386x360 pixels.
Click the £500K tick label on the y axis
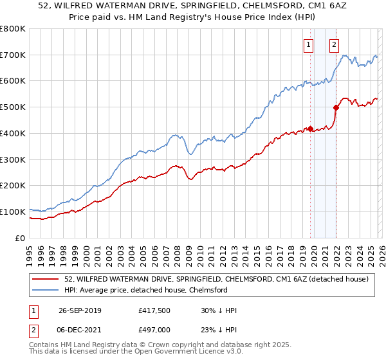(x=12, y=107)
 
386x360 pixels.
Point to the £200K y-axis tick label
(x=12, y=186)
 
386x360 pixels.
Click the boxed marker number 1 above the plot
(x=309, y=45)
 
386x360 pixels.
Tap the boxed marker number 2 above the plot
(x=335, y=45)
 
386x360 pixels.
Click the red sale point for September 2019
(x=310, y=129)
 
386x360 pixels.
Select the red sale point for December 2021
(x=335, y=108)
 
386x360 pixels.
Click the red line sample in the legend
(x=47, y=279)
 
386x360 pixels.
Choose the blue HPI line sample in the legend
(x=47, y=290)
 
